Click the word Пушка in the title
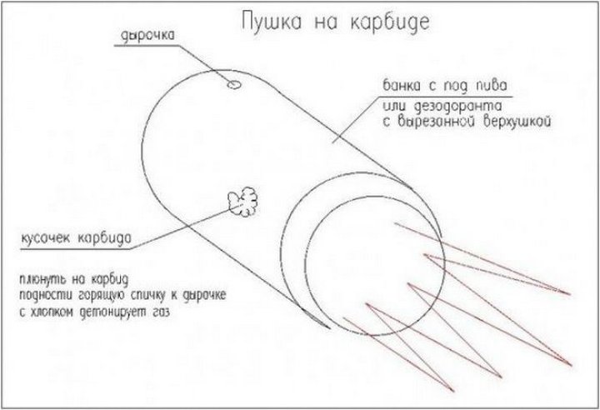(x=272, y=22)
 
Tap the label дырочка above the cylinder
(x=147, y=36)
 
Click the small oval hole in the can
(x=234, y=85)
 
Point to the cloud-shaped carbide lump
(x=243, y=202)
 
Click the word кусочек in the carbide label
(x=46, y=238)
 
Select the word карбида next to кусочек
(x=104, y=237)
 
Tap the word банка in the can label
(x=402, y=85)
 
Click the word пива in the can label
(x=492, y=85)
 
